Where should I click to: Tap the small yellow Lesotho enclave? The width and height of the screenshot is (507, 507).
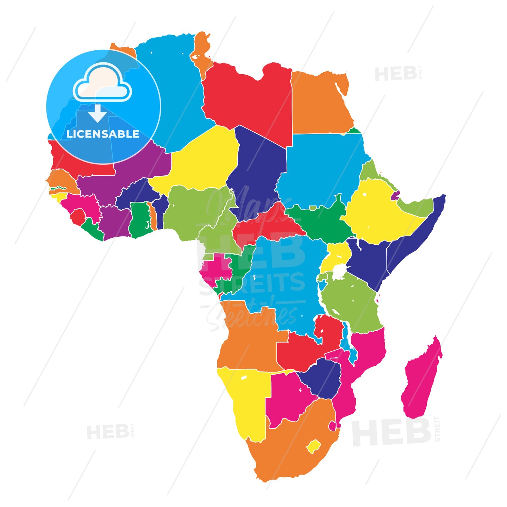point(313,446)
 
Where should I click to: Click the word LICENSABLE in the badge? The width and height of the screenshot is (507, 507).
point(103,134)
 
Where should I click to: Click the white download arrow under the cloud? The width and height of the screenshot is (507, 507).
point(98,113)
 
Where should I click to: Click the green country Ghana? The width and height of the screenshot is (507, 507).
point(139,220)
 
